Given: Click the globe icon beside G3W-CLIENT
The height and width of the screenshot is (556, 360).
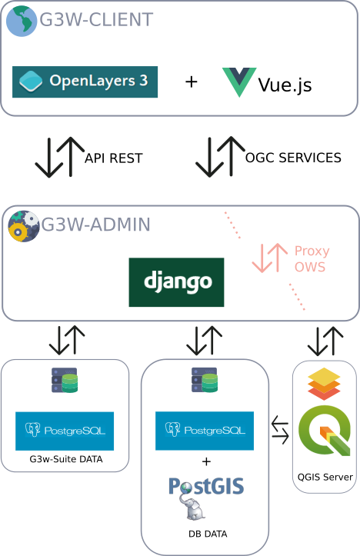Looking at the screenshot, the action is coord(22,21).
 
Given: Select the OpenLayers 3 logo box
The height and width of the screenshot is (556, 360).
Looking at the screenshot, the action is coord(85,82).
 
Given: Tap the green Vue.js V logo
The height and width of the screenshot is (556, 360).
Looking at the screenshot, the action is coord(239,82).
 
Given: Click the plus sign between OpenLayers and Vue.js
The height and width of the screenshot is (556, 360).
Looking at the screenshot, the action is coord(192,82).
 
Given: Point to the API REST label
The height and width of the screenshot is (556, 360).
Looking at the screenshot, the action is coord(114,158).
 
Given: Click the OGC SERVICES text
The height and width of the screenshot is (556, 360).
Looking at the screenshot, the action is coord(293,158).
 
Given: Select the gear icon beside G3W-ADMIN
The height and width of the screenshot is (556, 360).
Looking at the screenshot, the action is coord(24,226).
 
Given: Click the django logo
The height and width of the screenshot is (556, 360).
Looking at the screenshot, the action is coord(177,282).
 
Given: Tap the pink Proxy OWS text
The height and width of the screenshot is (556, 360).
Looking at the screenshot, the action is coord(312,259).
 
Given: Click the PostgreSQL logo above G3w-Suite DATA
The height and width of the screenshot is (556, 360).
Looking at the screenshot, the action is coord(65,431).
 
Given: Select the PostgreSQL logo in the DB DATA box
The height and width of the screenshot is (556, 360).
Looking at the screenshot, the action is coord(205,431).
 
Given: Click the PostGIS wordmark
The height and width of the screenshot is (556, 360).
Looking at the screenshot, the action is coord(206,486).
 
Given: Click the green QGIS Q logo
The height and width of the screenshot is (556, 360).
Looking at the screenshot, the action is coord(325,431).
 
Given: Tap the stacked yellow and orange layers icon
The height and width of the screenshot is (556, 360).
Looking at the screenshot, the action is coord(324,384).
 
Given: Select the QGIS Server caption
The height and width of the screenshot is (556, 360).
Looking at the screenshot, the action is coord(325,478).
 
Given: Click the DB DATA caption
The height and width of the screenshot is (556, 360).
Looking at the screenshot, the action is coord(208,534).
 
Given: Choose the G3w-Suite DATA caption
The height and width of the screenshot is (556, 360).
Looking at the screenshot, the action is coord(66,459).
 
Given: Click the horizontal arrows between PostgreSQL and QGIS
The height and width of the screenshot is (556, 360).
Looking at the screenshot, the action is coord(280,430).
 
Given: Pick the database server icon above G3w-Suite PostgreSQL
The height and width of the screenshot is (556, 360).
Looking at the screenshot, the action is coord(65,380).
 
